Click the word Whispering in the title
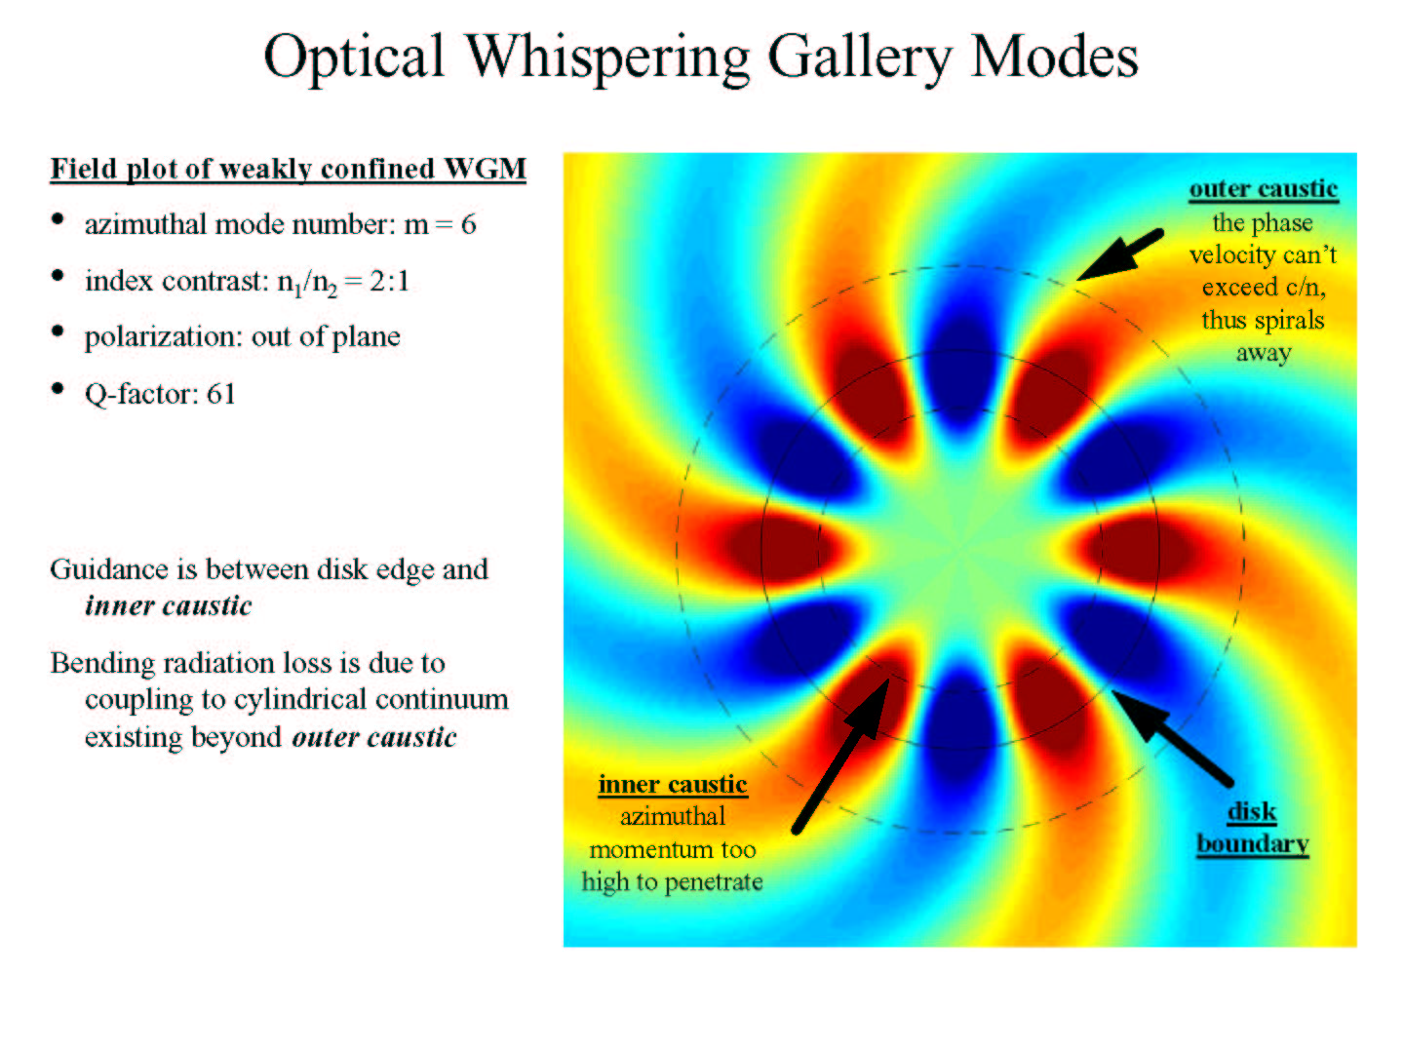(x=607, y=58)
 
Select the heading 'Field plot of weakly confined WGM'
(x=288, y=170)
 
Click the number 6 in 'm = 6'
(x=468, y=224)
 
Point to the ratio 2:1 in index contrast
(x=389, y=281)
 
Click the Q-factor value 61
(x=220, y=393)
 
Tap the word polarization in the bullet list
(x=163, y=337)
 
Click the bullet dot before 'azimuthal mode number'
(x=58, y=219)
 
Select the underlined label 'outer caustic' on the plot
(x=1264, y=189)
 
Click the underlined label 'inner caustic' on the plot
(x=672, y=785)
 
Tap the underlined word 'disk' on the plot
(x=1252, y=812)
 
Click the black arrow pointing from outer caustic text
(x=1120, y=254)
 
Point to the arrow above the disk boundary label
(x=1172, y=737)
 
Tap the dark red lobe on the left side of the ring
(x=782, y=549)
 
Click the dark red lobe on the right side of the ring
(x=1137, y=549)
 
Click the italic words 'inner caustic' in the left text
(x=169, y=606)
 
